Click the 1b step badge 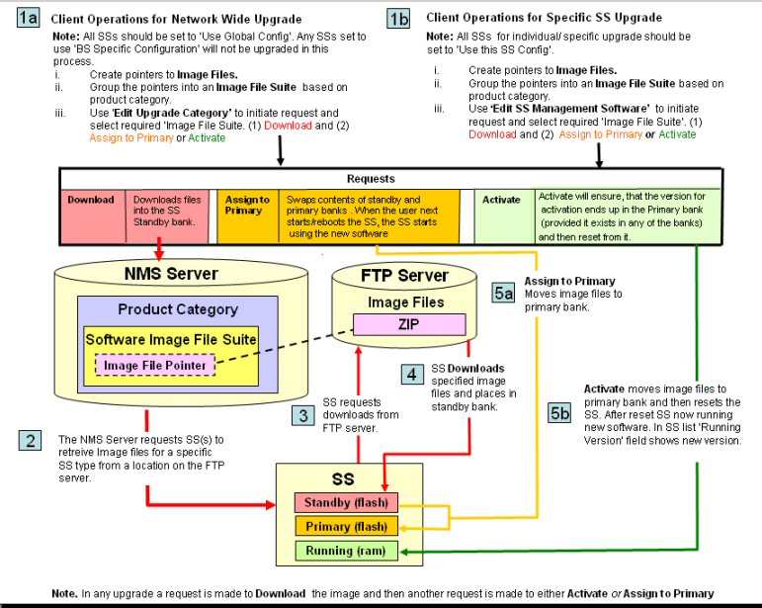[x=398, y=18]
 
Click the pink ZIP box [x=409, y=324]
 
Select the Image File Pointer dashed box [x=155, y=366]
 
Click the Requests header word [x=371, y=180]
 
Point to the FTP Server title [x=403, y=276]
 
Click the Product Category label [x=178, y=309]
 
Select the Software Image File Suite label [x=171, y=340]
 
